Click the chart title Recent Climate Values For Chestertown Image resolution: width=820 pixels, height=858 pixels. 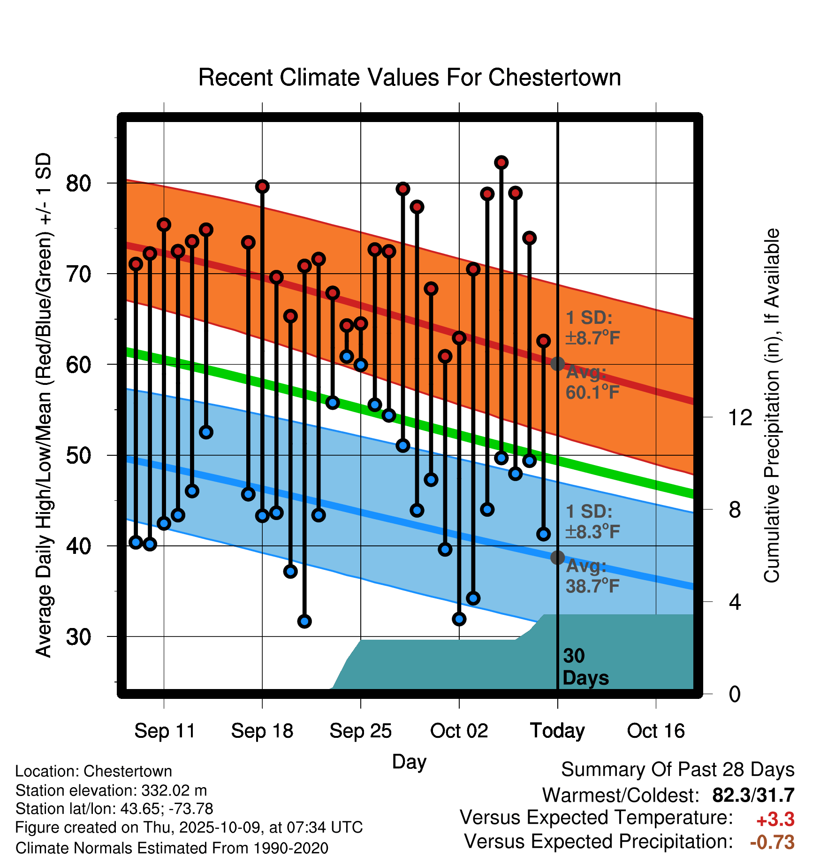click(x=410, y=77)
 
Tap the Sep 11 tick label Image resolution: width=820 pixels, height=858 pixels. click(x=165, y=731)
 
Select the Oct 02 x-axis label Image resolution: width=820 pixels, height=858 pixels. click(x=459, y=731)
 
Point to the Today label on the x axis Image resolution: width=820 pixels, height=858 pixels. click(x=557, y=731)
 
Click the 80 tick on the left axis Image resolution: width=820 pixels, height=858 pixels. click(x=78, y=183)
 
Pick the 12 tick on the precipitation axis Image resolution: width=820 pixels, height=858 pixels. click(x=740, y=417)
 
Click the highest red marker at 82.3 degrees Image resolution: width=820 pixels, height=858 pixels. click(x=501, y=162)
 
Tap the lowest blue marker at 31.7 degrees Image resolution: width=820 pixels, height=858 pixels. click(x=304, y=621)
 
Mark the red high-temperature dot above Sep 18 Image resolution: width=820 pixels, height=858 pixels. click(x=262, y=186)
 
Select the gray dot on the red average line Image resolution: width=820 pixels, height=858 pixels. click(x=557, y=363)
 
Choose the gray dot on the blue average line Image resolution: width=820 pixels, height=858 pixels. click(x=557, y=558)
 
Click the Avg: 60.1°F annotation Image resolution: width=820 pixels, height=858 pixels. click(x=592, y=383)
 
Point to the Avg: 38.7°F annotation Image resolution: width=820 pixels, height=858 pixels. click(x=592, y=576)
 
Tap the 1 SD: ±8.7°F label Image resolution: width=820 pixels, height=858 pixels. click(x=592, y=328)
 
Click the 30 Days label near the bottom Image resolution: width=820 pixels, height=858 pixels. click(x=585, y=667)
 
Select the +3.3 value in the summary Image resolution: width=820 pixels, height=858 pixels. click(x=775, y=820)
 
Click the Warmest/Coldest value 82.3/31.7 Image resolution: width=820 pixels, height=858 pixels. click(x=753, y=795)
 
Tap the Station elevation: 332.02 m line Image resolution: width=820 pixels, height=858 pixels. click(x=111, y=791)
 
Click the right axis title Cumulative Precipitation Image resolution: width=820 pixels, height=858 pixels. click(x=771, y=406)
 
